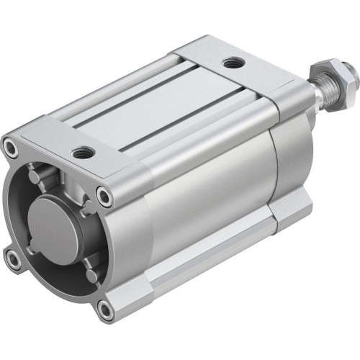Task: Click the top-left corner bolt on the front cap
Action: [12, 147]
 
